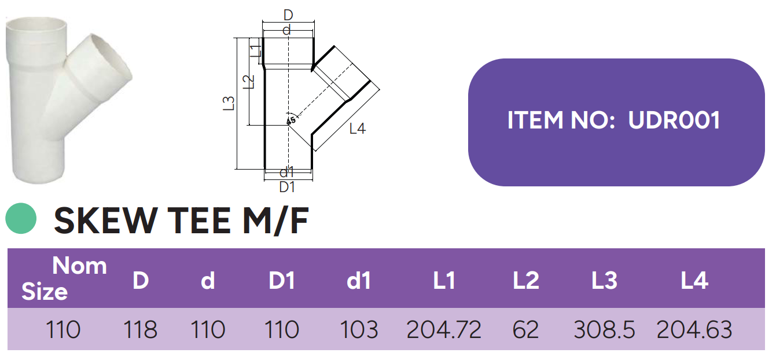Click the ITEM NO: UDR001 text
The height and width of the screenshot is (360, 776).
click(x=614, y=120)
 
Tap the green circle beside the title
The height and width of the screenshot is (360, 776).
click(x=21, y=219)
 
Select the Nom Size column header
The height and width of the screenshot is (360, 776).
click(x=64, y=278)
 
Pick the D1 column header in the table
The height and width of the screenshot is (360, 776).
click(x=282, y=281)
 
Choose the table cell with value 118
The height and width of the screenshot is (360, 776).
click(x=140, y=330)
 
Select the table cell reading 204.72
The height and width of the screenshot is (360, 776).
click(x=444, y=330)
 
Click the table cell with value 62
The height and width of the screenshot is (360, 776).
click(x=525, y=330)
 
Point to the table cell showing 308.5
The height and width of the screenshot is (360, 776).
click(x=604, y=330)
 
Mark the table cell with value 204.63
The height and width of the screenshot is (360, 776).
click(x=694, y=330)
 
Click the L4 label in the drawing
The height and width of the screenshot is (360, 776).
click(x=358, y=129)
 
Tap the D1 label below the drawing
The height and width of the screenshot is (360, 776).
click(x=287, y=187)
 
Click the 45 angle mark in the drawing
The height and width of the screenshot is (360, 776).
click(x=291, y=120)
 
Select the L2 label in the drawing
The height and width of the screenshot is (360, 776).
click(x=249, y=82)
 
